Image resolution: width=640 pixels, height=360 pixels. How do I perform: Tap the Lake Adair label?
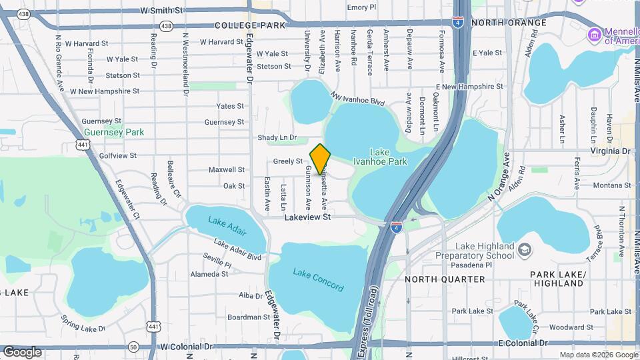227,227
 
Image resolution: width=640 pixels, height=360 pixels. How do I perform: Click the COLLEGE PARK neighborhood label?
250,25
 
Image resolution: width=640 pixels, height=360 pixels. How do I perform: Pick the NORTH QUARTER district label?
445,279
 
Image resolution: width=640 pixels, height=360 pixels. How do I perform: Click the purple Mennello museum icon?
593,33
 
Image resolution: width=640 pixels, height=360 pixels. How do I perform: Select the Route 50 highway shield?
133,347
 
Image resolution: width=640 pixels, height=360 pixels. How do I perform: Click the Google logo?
22,351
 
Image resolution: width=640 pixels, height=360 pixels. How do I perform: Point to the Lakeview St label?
307,217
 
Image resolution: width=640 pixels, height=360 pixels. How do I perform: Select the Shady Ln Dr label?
277,137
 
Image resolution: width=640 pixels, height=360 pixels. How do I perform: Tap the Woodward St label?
567,327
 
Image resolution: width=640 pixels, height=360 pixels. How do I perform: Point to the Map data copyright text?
598,355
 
